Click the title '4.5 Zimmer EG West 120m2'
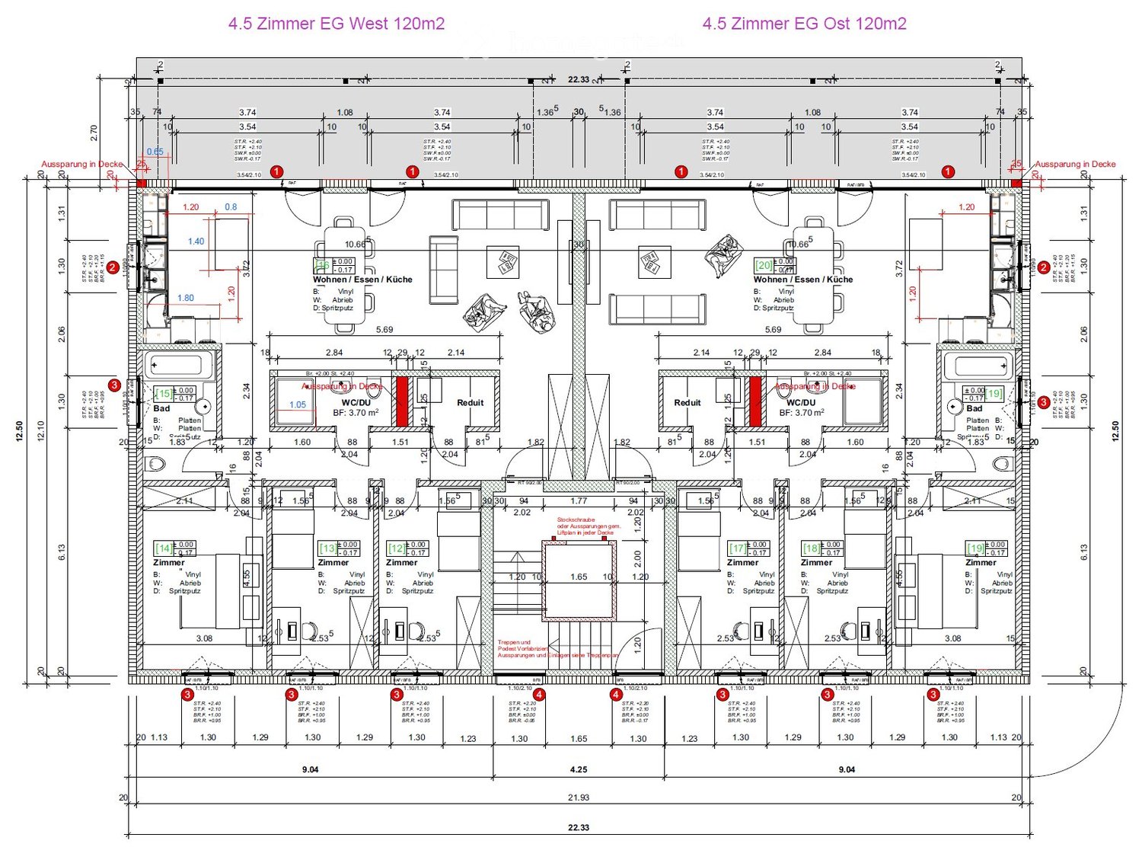336,24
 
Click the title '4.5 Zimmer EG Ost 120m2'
804,24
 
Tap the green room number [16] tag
323,265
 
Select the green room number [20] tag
763,265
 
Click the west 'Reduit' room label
470,402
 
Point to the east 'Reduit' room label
687,402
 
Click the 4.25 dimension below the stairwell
579,769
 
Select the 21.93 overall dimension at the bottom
579,797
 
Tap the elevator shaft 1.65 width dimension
579,577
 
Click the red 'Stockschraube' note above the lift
589,526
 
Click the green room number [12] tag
397,548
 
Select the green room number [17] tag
738,548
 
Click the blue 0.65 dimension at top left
155,151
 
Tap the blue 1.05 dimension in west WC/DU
297,404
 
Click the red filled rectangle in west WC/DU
401,401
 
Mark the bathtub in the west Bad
179,366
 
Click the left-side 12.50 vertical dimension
19,431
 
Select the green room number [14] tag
163,548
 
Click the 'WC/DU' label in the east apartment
801,402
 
